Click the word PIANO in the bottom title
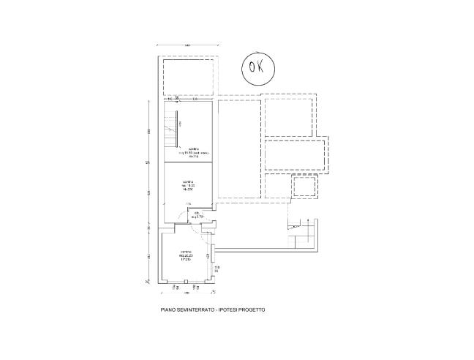click(168, 310)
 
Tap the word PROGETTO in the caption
click(251, 310)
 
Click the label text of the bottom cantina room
click(186, 255)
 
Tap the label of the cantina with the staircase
click(195, 151)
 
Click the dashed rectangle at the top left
click(187, 76)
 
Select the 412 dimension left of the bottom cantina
click(149, 256)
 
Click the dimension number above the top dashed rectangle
click(187, 46)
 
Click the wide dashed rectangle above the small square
click(294, 156)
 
